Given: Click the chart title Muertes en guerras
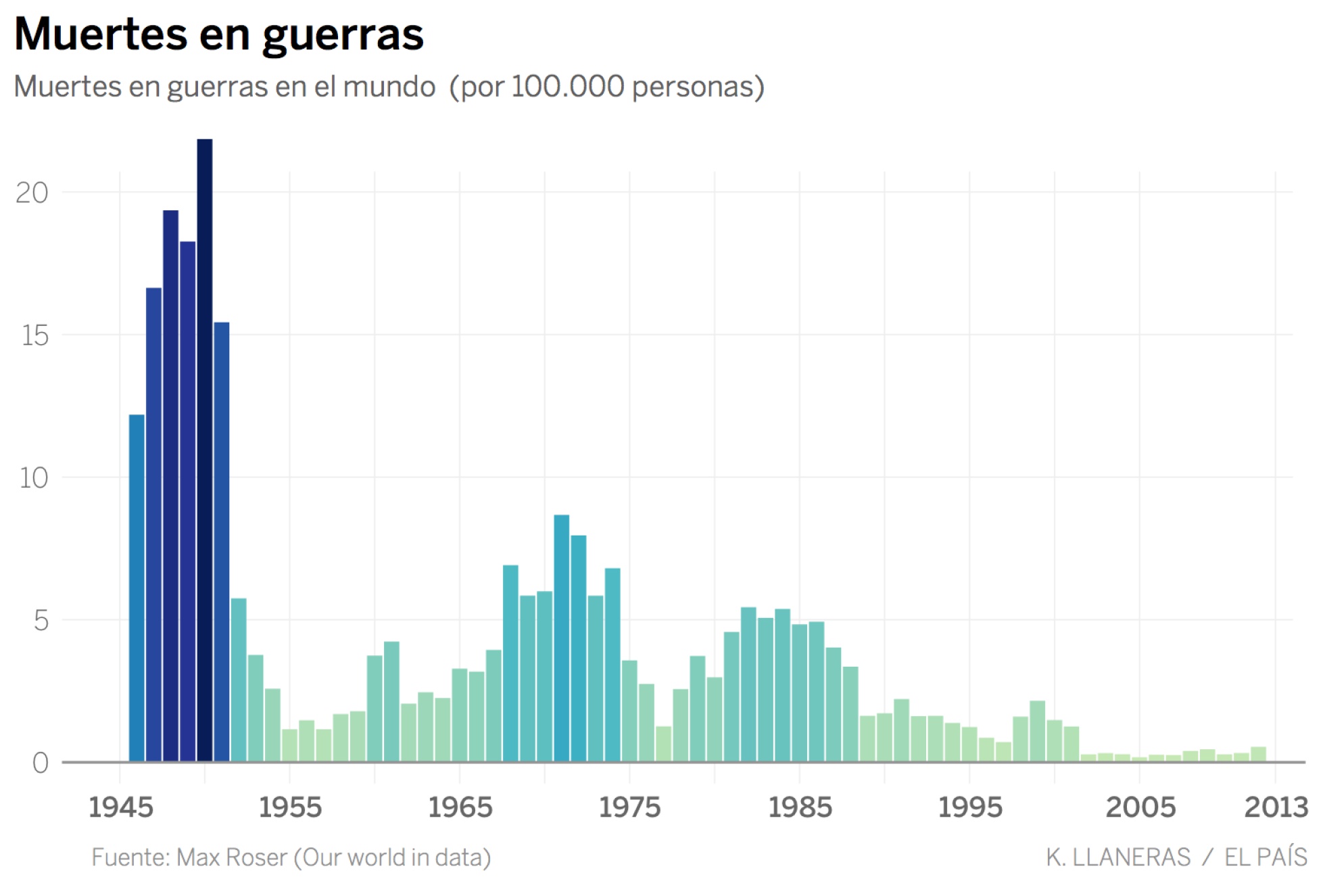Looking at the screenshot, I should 218,34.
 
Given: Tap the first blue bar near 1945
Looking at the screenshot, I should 137,588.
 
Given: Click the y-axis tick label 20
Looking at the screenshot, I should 32,193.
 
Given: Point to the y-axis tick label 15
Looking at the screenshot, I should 34,335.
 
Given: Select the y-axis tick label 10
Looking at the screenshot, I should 33,479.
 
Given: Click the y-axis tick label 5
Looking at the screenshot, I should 41,621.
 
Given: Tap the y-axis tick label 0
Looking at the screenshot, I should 41,763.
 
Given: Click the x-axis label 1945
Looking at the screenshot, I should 121,807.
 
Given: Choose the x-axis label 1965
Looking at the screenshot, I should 460,807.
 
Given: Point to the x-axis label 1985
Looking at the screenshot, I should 800,807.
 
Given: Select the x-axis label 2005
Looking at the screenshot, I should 1140,807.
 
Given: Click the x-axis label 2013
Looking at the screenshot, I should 1276,807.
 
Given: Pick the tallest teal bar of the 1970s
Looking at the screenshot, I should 561,639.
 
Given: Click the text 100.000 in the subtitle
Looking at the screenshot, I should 567,87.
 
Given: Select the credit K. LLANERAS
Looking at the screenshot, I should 1118,857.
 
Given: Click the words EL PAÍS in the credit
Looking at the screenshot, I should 1266,857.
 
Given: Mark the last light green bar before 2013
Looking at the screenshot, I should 1258,754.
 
